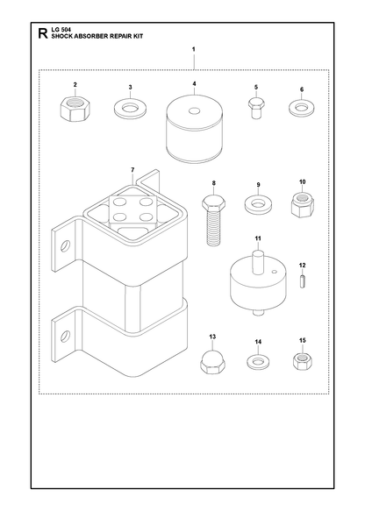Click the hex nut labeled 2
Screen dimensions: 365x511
click(75, 109)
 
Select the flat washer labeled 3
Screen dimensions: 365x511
click(130, 108)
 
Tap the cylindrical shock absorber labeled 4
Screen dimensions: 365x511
click(194, 128)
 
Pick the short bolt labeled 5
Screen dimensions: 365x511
click(256, 108)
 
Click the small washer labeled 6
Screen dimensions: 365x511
click(302, 108)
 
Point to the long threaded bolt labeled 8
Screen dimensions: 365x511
click(214, 220)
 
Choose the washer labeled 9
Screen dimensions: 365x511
click(258, 203)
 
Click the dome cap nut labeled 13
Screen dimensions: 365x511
click(212, 362)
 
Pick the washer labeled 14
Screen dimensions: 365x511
click(258, 362)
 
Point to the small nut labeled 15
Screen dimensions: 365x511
click(303, 360)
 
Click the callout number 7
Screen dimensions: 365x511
click(132, 170)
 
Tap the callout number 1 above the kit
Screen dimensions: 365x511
click(194, 49)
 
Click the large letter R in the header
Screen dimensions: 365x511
click(43, 33)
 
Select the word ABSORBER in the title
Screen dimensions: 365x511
click(88, 37)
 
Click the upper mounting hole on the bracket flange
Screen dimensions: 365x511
click(65, 245)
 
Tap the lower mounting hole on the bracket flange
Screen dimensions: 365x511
click(65, 336)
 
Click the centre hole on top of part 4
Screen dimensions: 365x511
click(194, 111)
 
